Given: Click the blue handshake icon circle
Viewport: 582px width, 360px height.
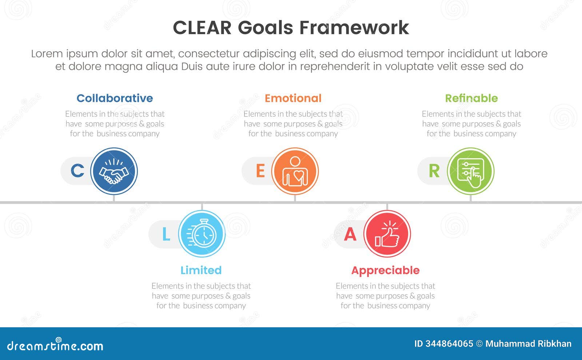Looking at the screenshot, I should [x=114, y=171].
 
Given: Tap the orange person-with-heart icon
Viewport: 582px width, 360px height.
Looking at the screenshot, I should [x=295, y=171].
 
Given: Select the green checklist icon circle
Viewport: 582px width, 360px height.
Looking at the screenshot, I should [x=471, y=171].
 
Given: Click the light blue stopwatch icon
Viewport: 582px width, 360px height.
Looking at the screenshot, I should [x=202, y=234].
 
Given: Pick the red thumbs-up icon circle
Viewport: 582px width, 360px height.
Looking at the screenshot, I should [x=387, y=234].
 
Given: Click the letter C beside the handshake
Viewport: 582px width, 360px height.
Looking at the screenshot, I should [x=77, y=171].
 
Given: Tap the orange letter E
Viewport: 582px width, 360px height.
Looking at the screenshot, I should [x=260, y=171].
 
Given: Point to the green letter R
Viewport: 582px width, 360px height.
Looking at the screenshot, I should [x=434, y=171].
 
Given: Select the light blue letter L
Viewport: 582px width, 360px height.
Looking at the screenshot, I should [x=166, y=234].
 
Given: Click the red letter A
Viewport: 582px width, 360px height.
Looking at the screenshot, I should [x=350, y=234].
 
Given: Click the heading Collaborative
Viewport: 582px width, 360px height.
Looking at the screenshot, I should [x=115, y=98].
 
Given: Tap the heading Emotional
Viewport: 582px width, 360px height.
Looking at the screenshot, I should [x=293, y=98].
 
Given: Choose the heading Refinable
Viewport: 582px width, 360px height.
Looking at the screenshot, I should [x=471, y=98].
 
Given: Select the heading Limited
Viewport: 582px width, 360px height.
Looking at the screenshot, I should [x=201, y=270].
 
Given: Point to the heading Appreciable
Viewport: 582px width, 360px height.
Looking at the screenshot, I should [x=385, y=270].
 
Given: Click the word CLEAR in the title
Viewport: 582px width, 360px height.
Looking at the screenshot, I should [x=202, y=28].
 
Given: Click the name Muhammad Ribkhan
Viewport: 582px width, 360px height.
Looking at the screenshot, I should [x=528, y=344].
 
